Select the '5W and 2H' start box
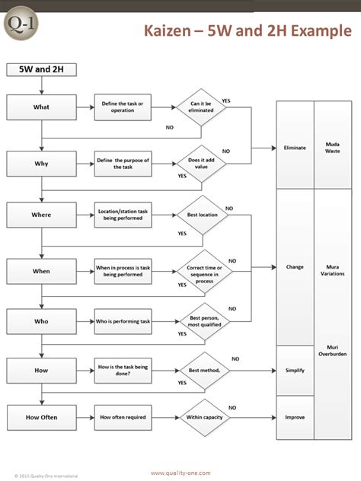pos(35,69)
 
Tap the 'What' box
pos(41,107)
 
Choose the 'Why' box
pos(41,163)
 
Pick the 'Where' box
pos(41,215)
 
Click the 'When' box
pos(41,270)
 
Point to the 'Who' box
pos(41,321)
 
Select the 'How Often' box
pos(41,417)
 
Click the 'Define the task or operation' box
pos(121,107)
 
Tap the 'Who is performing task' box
pos(122,321)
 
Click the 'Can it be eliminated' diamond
pos(201,107)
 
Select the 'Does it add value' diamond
pos(201,163)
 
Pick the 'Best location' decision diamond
pos(203,215)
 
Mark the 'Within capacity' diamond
pos(203,417)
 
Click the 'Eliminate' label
pos(294,147)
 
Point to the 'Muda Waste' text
pos(332,147)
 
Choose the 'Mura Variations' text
pos(332,270)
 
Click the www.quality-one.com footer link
pos(180,473)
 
